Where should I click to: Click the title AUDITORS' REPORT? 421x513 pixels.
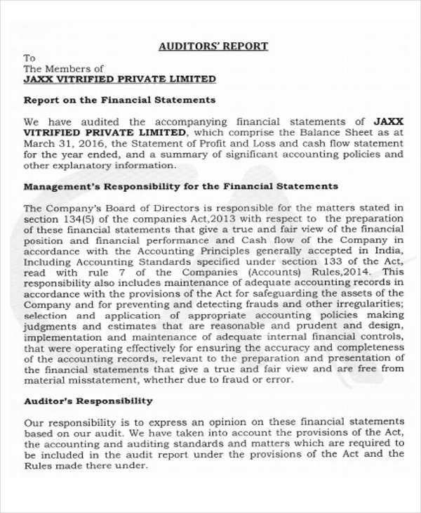213,46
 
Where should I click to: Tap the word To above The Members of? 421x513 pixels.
29,58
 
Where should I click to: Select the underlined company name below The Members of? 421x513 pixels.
120,79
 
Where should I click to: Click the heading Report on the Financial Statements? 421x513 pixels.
119,100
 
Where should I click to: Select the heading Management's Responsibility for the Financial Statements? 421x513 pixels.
181,186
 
